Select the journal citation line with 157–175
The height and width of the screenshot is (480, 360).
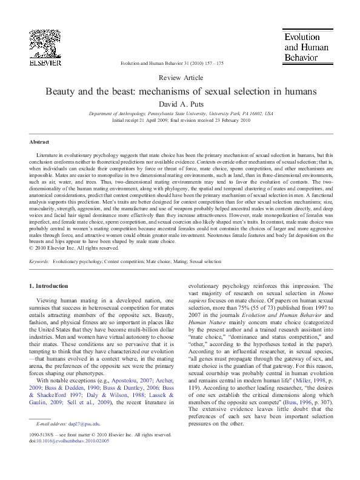172,63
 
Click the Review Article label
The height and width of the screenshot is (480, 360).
180,78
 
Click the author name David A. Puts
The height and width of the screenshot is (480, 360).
180,104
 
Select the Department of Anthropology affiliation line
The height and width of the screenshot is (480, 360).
180,113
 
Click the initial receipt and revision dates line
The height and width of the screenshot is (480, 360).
180,120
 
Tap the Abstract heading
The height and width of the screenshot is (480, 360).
39,142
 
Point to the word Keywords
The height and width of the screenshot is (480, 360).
39,261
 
